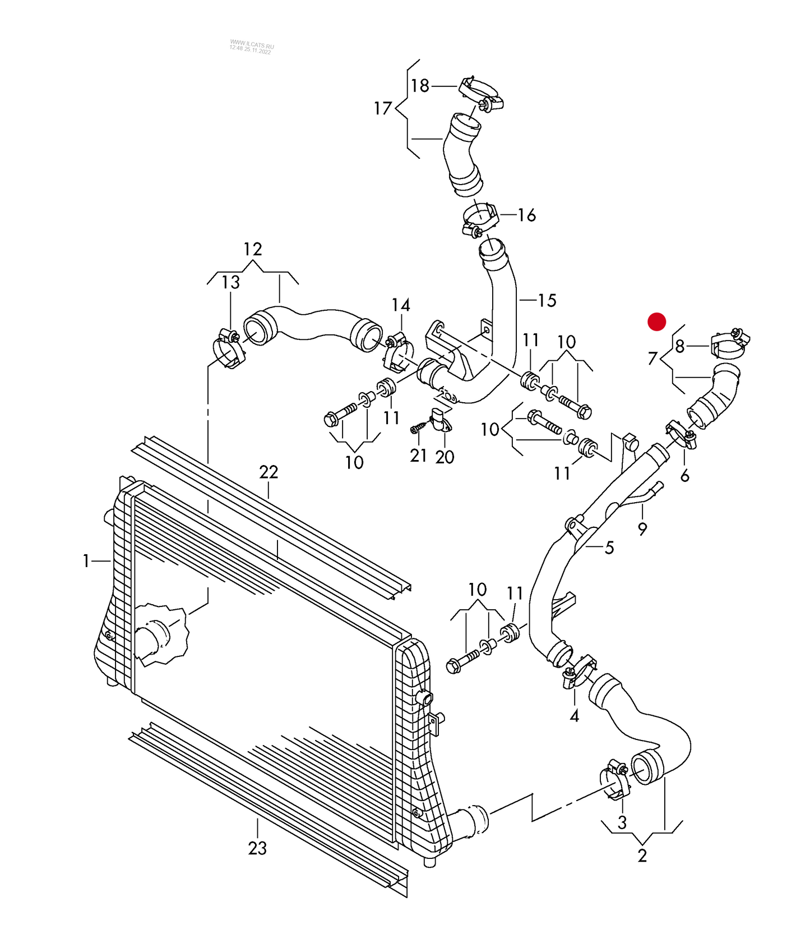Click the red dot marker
pyautogui.click(x=656, y=322)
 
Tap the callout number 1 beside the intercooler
pyautogui.click(x=86, y=560)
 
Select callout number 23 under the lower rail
pyautogui.click(x=257, y=848)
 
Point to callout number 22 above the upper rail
pyautogui.click(x=269, y=472)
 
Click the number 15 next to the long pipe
pyautogui.click(x=547, y=301)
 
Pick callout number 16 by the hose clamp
pyautogui.click(x=527, y=215)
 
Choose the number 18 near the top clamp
pyautogui.click(x=420, y=86)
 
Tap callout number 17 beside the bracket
pyautogui.click(x=383, y=108)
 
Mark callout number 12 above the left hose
pyautogui.click(x=253, y=249)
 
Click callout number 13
pyautogui.click(x=231, y=283)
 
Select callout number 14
pyautogui.click(x=401, y=305)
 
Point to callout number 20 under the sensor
pyautogui.click(x=445, y=457)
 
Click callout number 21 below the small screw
pyautogui.click(x=419, y=456)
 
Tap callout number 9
pyautogui.click(x=642, y=528)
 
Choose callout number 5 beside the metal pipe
pyautogui.click(x=609, y=548)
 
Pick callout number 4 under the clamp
pyautogui.click(x=575, y=716)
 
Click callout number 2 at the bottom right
pyautogui.click(x=642, y=856)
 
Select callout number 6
pyautogui.click(x=684, y=476)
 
